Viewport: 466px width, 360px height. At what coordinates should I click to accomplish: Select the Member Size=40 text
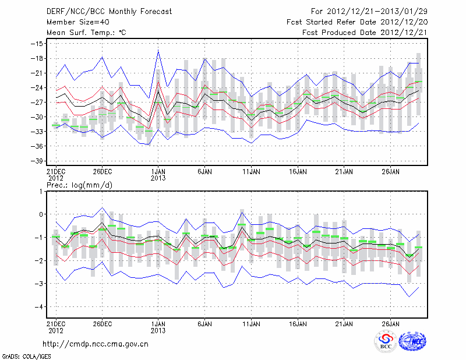[x=75, y=22]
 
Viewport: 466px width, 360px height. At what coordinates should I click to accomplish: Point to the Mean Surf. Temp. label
[x=86, y=33]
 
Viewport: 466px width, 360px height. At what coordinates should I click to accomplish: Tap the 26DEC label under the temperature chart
[x=102, y=172]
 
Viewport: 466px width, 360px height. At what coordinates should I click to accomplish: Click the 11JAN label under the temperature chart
[x=251, y=172]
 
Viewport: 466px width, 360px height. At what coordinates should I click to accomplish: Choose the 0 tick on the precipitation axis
[x=41, y=214]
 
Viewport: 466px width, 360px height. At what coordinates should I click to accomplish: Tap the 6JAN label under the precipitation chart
[x=204, y=322]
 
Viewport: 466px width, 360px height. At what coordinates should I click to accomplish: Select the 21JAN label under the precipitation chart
[x=344, y=322]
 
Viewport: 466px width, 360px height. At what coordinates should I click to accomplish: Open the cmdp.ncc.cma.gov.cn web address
[x=96, y=344]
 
